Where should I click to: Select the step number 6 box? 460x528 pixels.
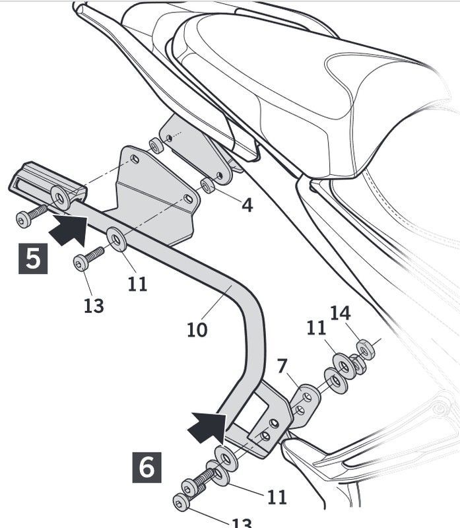(147, 467)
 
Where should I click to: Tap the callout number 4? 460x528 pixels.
(246, 205)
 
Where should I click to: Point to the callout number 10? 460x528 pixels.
(197, 329)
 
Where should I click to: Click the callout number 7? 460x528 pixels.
(282, 365)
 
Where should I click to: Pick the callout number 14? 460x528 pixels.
(341, 313)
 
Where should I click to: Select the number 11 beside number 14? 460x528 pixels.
(316, 327)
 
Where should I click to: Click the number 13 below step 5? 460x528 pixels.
(94, 306)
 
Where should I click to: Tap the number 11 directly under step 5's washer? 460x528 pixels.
(138, 284)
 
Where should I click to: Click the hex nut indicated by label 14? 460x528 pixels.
(365, 348)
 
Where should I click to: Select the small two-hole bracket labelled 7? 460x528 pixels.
(304, 402)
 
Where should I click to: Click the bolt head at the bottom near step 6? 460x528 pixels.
(181, 502)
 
